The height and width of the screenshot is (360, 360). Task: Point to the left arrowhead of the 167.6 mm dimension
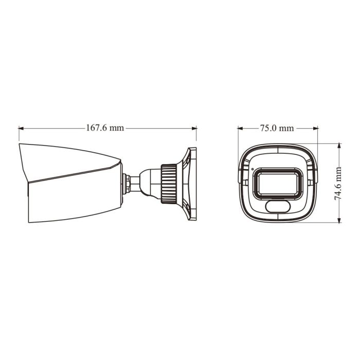click(x=21, y=128)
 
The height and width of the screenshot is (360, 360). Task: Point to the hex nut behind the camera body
click(x=125, y=183)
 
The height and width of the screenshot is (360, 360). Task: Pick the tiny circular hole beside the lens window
click(x=252, y=169)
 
